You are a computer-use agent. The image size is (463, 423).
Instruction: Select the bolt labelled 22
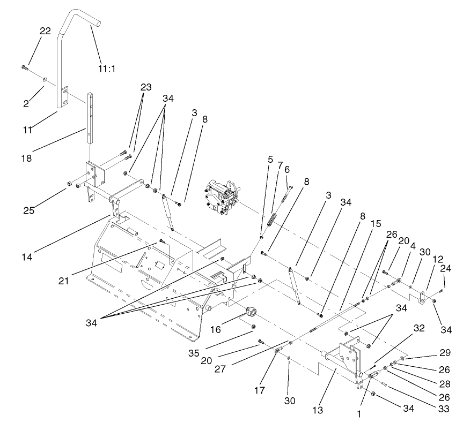tap(25, 67)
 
